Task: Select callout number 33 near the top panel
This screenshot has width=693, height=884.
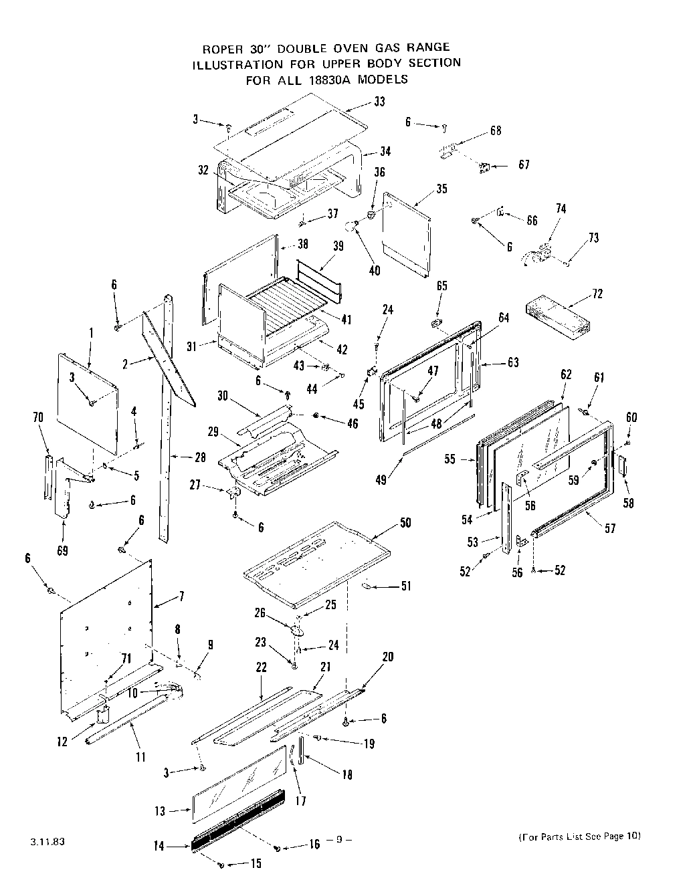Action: [x=379, y=102]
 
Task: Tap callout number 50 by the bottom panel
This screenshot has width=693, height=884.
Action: [x=405, y=522]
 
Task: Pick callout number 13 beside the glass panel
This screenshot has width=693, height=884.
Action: [x=159, y=812]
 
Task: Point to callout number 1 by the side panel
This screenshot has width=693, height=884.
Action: [x=91, y=332]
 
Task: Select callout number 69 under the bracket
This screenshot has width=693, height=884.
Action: [x=62, y=551]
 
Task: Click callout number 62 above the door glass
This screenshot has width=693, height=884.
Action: [x=566, y=374]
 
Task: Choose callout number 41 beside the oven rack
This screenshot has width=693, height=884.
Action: [x=345, y=320]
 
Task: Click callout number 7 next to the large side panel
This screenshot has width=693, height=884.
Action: [x=181, y=596]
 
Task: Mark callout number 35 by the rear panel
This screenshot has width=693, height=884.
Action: [x=441, y=189]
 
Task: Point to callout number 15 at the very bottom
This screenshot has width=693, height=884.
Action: [x=256, y=863]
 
